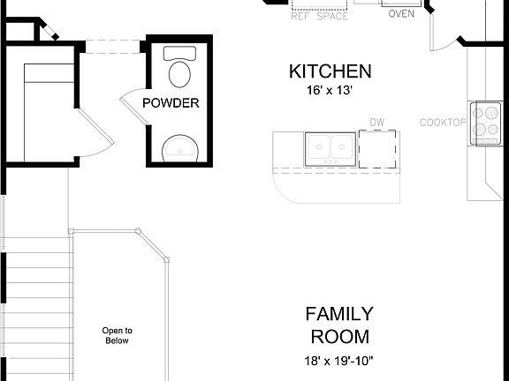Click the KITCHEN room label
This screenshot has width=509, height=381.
[330, 71]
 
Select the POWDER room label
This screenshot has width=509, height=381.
[171, 103]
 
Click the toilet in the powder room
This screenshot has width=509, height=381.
[180, 69]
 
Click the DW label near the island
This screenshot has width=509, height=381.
[377, 123]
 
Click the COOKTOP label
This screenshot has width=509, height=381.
[443, 122]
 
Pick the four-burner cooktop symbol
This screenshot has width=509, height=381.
[484, 123]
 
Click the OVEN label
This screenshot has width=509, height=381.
[402, 13]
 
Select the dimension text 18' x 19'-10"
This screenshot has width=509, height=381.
[339, 360]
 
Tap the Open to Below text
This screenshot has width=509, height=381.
[117, 335]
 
